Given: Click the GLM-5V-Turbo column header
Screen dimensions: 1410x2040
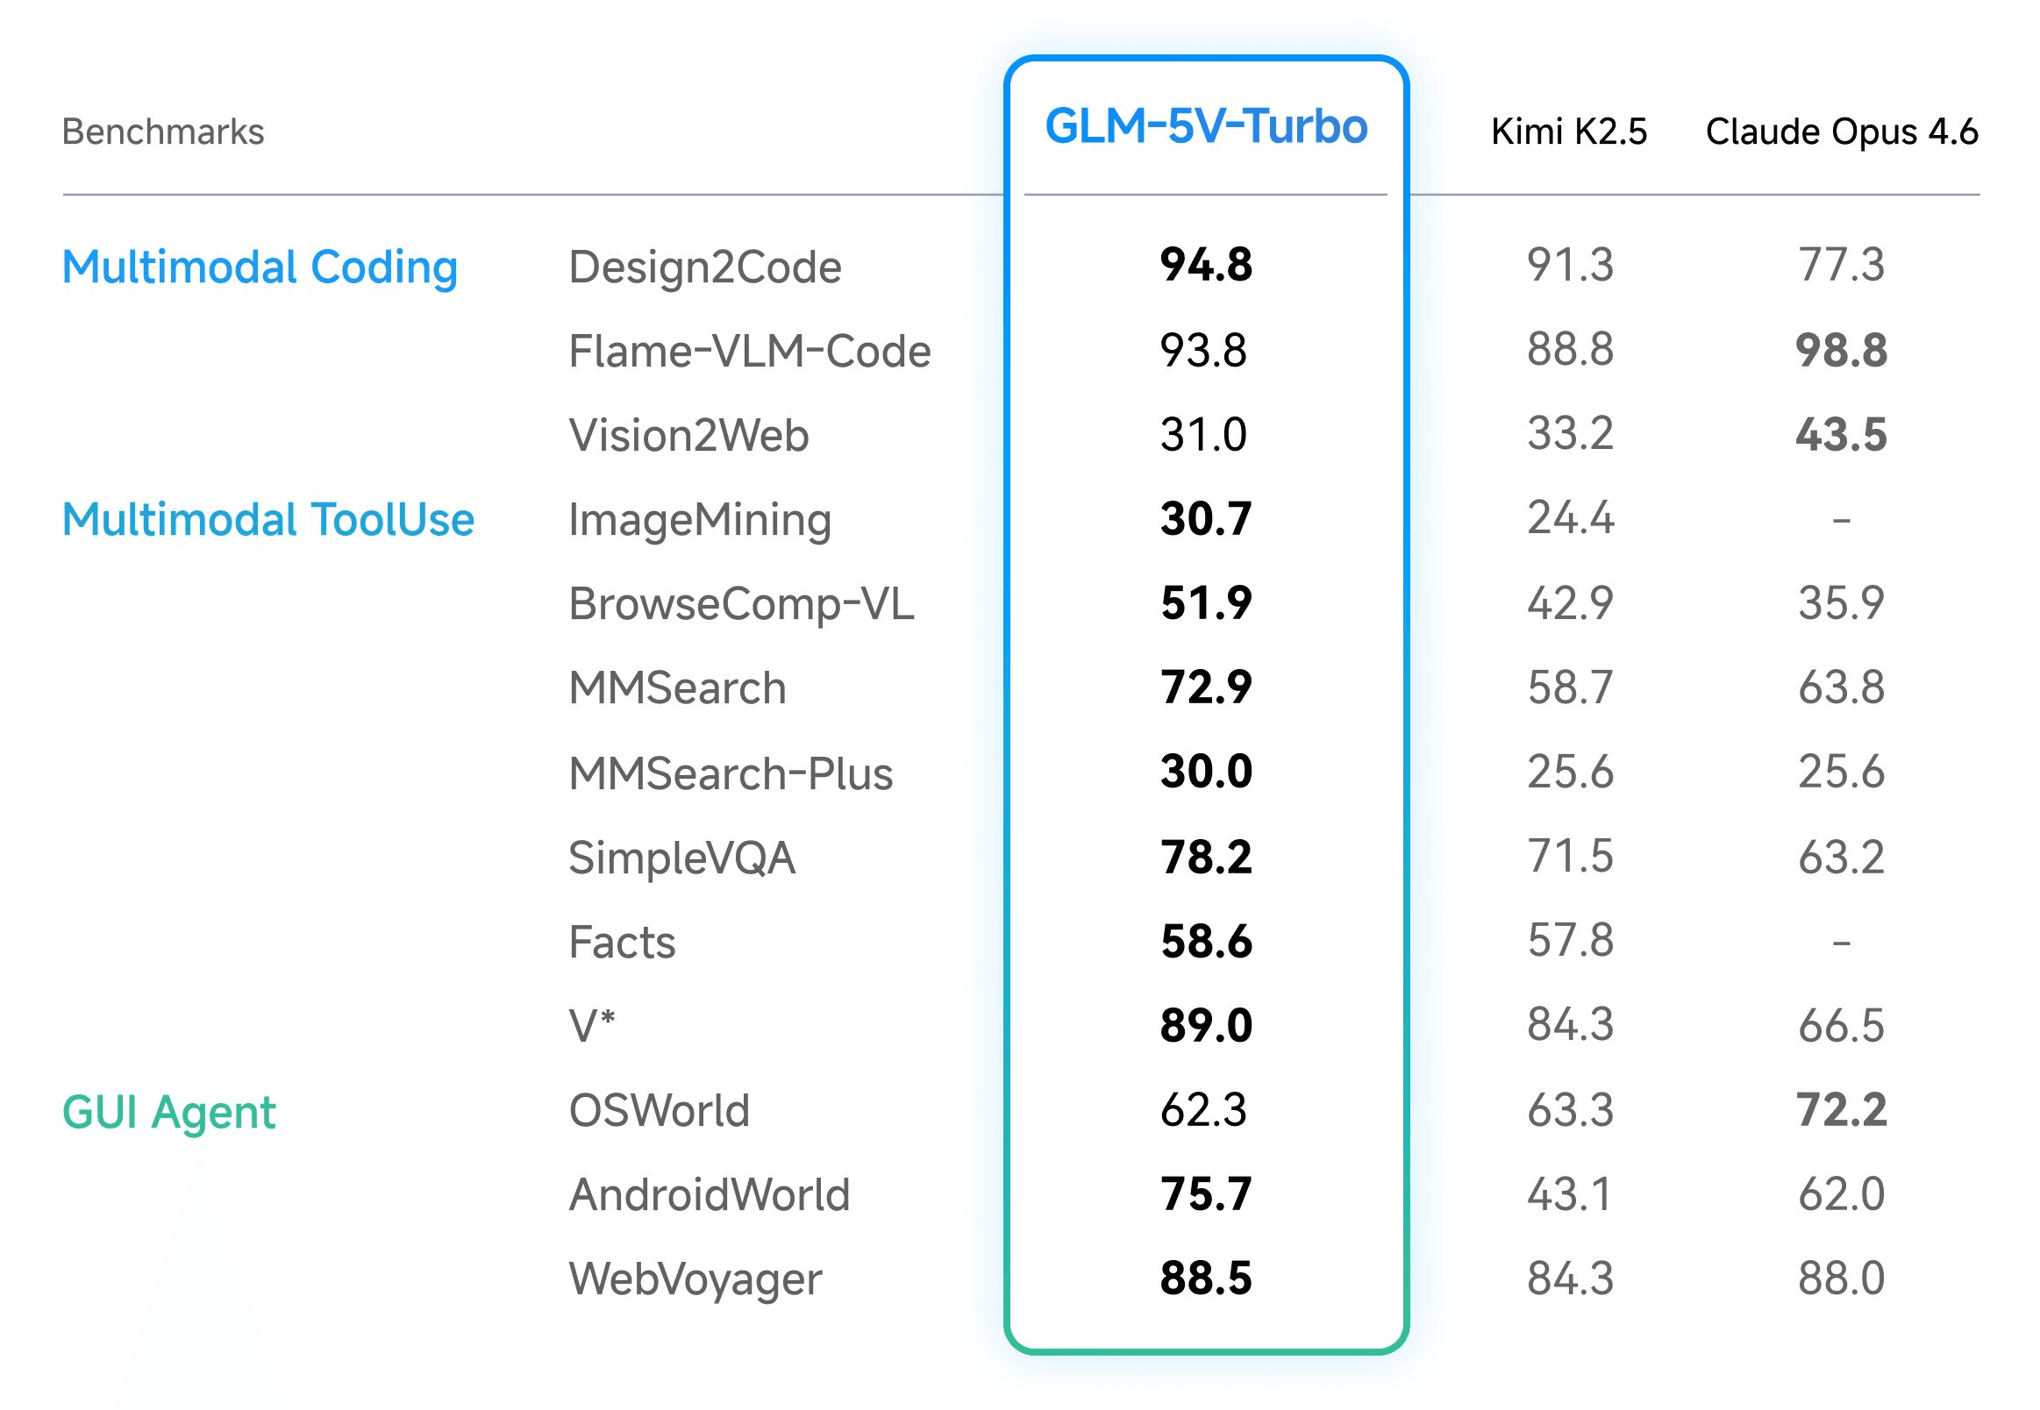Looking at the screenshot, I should tap(1205, 126).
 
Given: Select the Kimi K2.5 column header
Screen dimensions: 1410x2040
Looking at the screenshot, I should tap(1568, 132).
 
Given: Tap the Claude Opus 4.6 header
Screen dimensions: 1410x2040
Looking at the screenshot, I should tap(1840, 132).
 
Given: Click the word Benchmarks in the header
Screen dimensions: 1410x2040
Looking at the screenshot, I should tap(162, 132).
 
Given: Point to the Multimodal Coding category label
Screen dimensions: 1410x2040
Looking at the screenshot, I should tap(260, 267).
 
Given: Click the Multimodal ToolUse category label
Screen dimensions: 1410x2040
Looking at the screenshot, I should tap(267, 519).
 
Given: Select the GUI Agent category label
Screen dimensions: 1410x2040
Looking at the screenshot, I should tap(168, 1111).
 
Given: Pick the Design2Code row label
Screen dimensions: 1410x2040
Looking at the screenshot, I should tap(704, 267).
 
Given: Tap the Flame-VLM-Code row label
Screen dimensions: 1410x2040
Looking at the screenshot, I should tap(749, 351).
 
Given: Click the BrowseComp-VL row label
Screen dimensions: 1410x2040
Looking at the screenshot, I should tap(740, 603).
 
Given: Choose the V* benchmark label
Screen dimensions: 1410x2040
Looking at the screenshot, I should tap(591, 1026).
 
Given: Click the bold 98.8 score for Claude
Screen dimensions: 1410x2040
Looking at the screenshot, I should tap(1840, 351).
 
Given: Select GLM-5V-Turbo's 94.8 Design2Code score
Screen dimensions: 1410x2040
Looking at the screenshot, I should tap(1205, 265).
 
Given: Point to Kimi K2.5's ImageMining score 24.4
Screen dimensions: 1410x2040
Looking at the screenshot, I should tap(1570, 517).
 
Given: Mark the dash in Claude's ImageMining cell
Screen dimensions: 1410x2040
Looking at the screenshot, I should tap(1840, 520).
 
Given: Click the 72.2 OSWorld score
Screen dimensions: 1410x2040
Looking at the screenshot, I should tap(1840, 1110).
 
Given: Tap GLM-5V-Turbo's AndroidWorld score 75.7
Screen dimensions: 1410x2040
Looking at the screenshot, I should tap(1205, 1194).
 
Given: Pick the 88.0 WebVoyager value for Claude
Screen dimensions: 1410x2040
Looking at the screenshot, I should tap(1840, 1278).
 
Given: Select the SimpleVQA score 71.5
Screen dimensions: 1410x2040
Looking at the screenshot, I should tap(1570, 856).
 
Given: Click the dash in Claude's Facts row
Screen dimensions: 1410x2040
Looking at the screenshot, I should tap(1840, 943).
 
